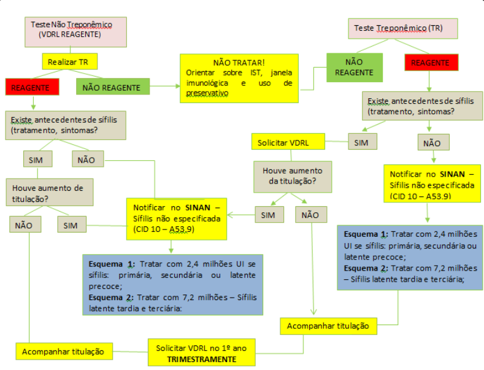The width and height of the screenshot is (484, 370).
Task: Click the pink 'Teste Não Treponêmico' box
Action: coord(76,30)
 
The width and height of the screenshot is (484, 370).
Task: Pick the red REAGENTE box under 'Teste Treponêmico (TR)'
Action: coord(430,63)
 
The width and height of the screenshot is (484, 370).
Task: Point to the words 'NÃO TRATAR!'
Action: coord(239,63)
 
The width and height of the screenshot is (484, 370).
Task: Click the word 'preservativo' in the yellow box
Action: coord(207,93)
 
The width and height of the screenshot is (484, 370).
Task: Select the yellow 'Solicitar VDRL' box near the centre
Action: coord(288,142)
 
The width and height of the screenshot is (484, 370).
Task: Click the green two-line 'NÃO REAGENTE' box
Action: coord(354,67)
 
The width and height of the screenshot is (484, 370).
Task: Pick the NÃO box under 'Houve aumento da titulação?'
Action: coord(310,215)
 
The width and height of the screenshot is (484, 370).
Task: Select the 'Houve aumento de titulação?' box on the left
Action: coord(50,191)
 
